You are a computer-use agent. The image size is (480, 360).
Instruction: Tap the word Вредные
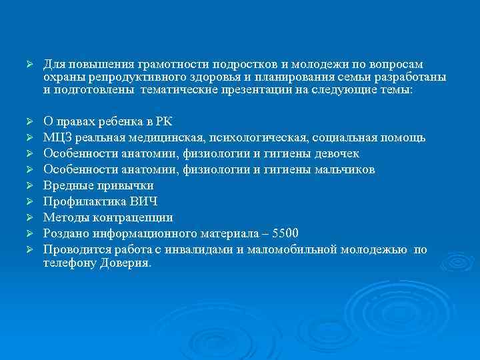(66, 185)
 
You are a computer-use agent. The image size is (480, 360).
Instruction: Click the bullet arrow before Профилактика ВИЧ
(29, 201)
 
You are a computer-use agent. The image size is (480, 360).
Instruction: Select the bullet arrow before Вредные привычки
(29, 185)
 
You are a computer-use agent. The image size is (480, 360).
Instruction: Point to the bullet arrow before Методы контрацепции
(29, 217)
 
